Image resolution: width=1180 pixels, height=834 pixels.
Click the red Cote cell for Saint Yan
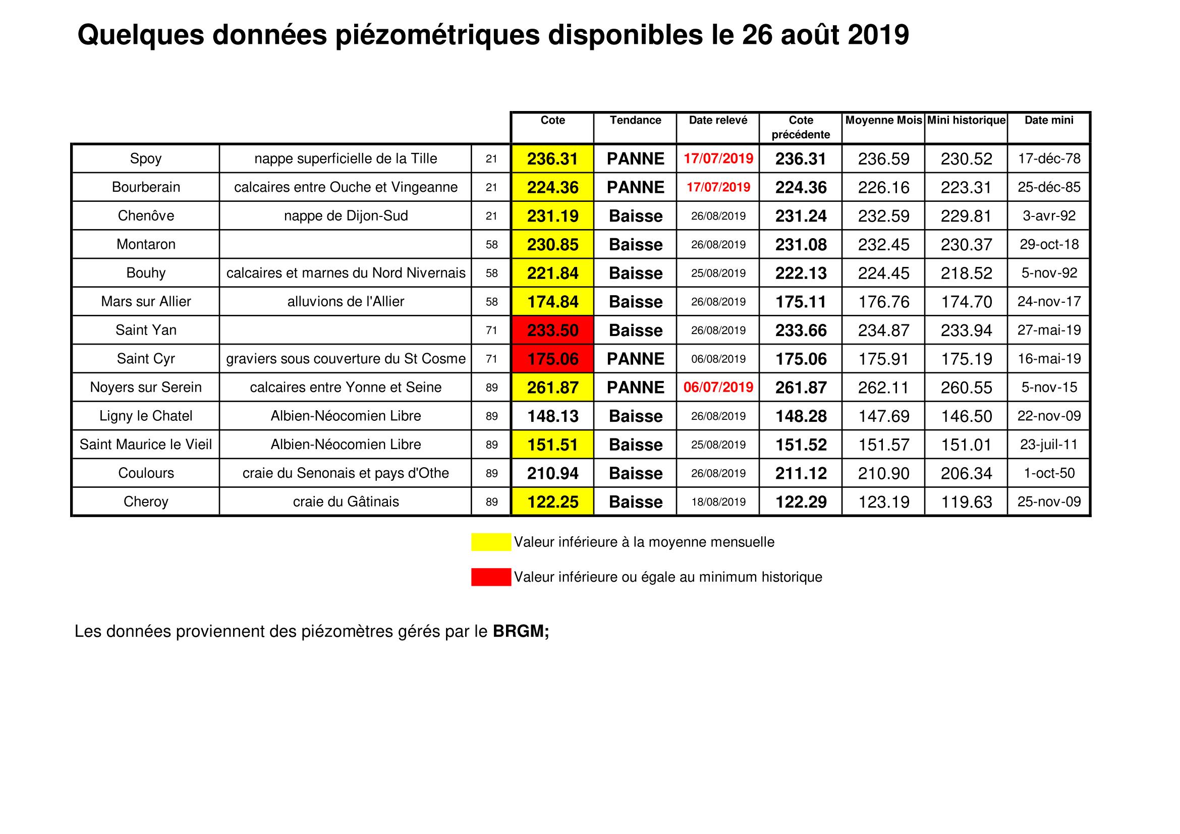[552, 330]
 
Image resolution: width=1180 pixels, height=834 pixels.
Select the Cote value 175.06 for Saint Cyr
[552, 359]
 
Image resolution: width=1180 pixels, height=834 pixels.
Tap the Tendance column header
[635, 120]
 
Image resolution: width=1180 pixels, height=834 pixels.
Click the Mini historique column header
[966, 120]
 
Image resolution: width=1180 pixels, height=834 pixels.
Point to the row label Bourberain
[146, 187]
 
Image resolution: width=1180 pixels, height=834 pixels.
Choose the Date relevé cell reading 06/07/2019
[718, 387]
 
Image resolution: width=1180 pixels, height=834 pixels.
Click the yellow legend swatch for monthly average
[491, 542]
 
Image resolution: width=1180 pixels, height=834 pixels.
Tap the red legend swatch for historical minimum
[491, 577]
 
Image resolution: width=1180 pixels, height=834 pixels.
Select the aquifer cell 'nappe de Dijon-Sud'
[346, 216]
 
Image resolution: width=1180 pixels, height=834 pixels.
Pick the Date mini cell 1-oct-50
[1049, 473]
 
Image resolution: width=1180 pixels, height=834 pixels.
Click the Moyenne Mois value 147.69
[883, 416]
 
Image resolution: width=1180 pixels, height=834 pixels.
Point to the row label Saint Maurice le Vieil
[146, 444]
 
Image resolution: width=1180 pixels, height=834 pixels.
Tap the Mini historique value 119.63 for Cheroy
[966, 502]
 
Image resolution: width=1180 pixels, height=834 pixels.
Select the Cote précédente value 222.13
[801, 273]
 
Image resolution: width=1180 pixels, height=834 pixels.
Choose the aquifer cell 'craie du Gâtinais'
[346, 502]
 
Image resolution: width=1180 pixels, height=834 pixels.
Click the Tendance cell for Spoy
[635, 159]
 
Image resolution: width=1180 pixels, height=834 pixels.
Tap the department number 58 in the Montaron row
[492, 245]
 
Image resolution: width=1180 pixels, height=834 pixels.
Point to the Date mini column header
[1049, 120]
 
